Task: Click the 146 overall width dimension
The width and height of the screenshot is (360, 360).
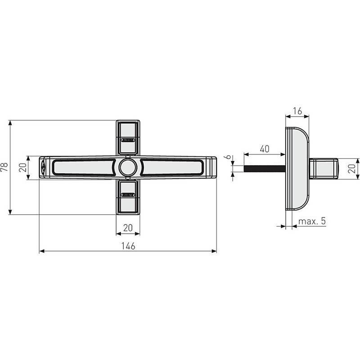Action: click(x=128, y=246)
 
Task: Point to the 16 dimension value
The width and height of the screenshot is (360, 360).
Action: click(x=297, y=111)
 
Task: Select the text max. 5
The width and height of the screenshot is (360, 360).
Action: click(x=312, y=221)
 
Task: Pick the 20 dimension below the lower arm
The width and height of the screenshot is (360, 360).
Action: click(x=128, y=228)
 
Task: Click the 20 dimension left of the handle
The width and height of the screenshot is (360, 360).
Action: click(x=22, y=168)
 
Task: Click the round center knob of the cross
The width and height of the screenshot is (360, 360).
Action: click(x=128, y=167)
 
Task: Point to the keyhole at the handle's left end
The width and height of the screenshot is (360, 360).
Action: click(x=43, y=167)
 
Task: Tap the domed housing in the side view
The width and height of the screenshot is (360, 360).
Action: click(x=297, y=168)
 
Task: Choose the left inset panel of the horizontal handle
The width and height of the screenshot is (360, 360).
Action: click(x=83, y=167)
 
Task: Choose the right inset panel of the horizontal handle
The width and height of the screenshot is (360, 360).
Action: click(x=173, y=167)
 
